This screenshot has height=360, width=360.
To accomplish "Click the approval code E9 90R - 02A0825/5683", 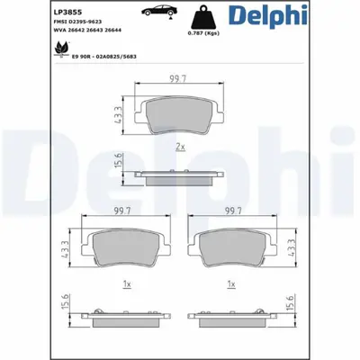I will (78, 57).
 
